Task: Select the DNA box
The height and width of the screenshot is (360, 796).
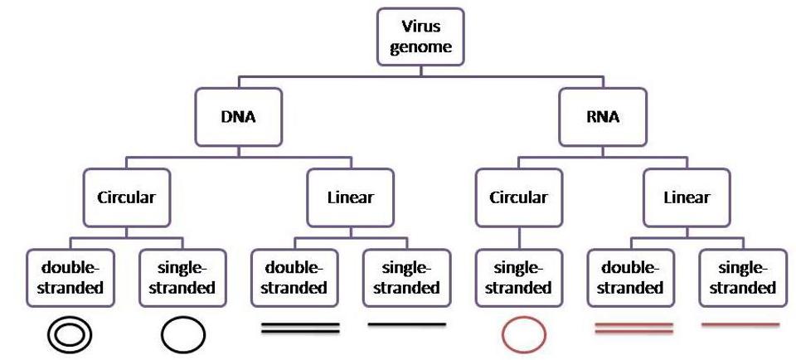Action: click(238, 117)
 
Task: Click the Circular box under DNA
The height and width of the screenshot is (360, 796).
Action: click(127, 197)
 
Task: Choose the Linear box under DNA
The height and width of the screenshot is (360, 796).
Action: click(350, 197)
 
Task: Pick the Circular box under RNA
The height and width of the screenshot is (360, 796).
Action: click(518, 197)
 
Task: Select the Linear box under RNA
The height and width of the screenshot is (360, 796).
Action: click(687, 197)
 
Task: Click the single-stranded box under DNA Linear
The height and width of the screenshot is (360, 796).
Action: click(406, 278)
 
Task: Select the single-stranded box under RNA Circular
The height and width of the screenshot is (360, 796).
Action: click(518, 278)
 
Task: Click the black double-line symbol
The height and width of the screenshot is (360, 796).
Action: click(300, 328)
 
